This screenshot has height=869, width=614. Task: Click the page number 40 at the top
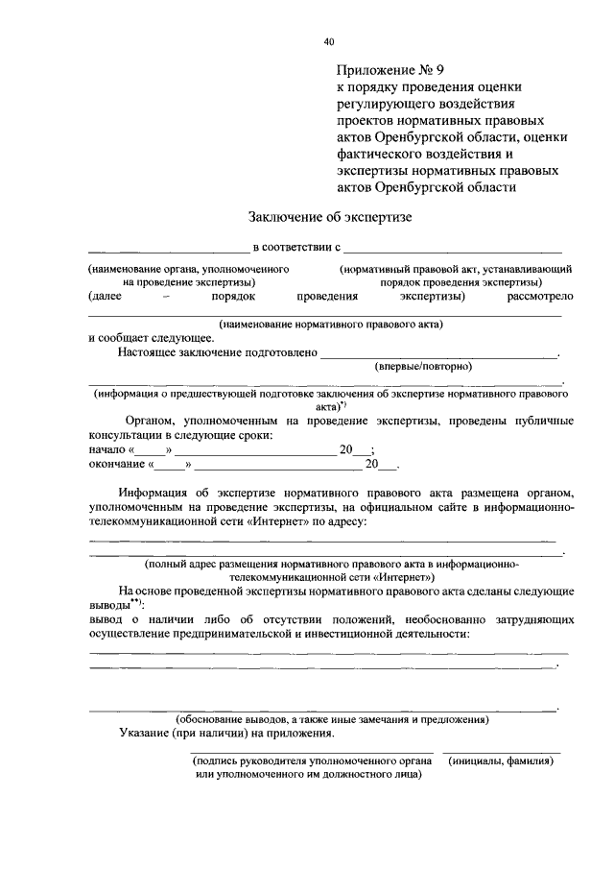tap(328, 41)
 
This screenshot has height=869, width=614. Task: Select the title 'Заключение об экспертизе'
tap(329, 218)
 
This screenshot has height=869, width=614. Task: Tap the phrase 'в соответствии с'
tap(297, 249)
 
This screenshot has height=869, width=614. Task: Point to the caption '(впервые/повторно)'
tap(423, 366)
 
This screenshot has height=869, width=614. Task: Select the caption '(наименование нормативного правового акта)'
tap(330, 325)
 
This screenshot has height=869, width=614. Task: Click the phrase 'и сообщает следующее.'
tap(151, 338)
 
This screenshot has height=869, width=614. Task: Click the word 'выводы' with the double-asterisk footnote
tap(108, 607)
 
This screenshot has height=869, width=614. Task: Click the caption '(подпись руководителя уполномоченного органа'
tap(312, 760)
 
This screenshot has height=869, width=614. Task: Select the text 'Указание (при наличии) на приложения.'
tap(226, 734)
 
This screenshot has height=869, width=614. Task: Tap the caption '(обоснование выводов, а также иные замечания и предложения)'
tap(331, 719)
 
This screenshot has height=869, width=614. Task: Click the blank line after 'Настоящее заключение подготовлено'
tap(438, 356)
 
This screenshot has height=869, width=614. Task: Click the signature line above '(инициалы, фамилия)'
tap(503, 751)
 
